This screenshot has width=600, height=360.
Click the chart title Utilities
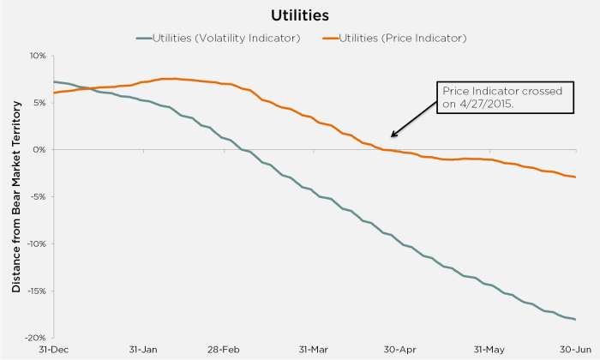click(300, 15)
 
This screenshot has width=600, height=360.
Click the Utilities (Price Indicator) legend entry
click(395, 38)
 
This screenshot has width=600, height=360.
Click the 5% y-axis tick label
click(39, 103)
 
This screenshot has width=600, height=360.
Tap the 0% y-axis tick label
click(39, 150)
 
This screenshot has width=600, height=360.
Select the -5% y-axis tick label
click(38, 197)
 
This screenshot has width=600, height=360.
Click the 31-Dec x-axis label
click(53, 350)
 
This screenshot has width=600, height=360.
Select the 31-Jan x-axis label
click(142, 350)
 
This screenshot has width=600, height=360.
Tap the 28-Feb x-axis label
click(224, 350)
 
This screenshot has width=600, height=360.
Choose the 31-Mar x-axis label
click(313, 350)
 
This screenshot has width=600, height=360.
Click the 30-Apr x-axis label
click(400, 350)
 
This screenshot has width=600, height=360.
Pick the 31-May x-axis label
click(489, 350)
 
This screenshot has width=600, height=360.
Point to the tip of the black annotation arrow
click(390, 135)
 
